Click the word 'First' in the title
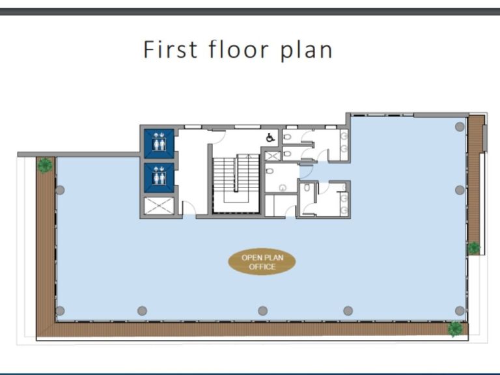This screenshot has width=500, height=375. tap(170, 49)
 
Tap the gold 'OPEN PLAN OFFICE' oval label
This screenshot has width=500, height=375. tap(262, 262)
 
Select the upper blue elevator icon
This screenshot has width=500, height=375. tap(158, 143)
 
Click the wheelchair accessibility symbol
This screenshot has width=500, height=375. tap(270, 137)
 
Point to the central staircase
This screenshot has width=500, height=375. tap(235, 179)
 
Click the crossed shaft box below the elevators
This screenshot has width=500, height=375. tap(158, 206)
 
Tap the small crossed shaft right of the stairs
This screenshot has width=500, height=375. tap(272, 156)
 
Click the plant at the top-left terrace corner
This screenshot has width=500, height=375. tap(45, 165)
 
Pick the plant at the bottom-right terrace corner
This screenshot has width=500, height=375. tap(455, 329)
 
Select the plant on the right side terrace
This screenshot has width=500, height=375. tap(473, 248)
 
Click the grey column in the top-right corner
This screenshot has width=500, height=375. tap(460, 127)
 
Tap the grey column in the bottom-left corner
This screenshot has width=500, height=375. tap(60, 311)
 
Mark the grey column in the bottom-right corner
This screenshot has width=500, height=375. tap(460, 311)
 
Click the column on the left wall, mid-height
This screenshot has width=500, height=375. tap(60, 190)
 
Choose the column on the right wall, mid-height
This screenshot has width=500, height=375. tap(460, 190)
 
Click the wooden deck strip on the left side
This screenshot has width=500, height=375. tap(46, 247)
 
